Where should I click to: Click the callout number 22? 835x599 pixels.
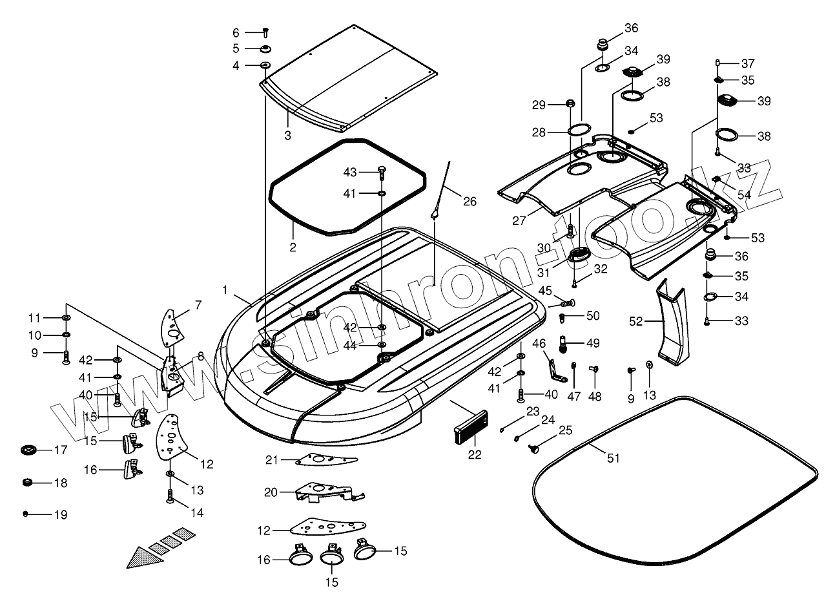475,454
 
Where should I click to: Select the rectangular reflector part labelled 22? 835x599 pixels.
471,427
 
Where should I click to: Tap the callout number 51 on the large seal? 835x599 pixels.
613,458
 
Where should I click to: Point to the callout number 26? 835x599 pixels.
469,202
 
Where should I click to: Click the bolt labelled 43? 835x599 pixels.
382,174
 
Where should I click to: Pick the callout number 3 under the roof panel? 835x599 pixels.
287,136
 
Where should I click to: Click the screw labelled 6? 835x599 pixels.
265,32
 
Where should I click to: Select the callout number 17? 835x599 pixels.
61,450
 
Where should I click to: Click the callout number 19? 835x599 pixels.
61,515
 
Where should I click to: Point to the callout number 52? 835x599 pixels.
636,321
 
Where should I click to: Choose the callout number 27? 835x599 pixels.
519,220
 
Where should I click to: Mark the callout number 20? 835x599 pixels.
271,492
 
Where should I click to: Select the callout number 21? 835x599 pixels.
271,460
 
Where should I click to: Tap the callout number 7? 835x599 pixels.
198,305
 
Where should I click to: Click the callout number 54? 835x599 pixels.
744,194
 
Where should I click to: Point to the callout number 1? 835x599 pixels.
225,289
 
